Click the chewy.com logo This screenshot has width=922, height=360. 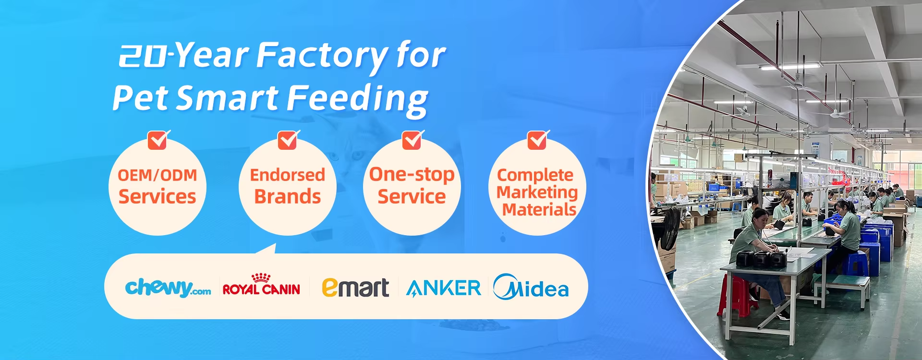[168, 288]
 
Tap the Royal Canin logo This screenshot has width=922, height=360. [261, 284]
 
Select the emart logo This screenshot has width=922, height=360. [355, 287]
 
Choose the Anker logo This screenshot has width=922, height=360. [443, 288]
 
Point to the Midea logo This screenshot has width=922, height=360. [531, 287]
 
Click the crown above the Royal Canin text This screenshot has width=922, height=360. [261, 277]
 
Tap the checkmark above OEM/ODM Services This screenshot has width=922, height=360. [158, 140]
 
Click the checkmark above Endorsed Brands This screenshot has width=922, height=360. [289, 140]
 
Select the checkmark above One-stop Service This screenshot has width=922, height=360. [412, 140]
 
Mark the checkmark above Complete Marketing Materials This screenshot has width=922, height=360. [538, 140]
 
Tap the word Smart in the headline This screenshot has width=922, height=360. [228, 98]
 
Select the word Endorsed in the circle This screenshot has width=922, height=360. [288, 175]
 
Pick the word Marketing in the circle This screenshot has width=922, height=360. [537, 192]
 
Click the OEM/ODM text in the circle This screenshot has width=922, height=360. [158, 175]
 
